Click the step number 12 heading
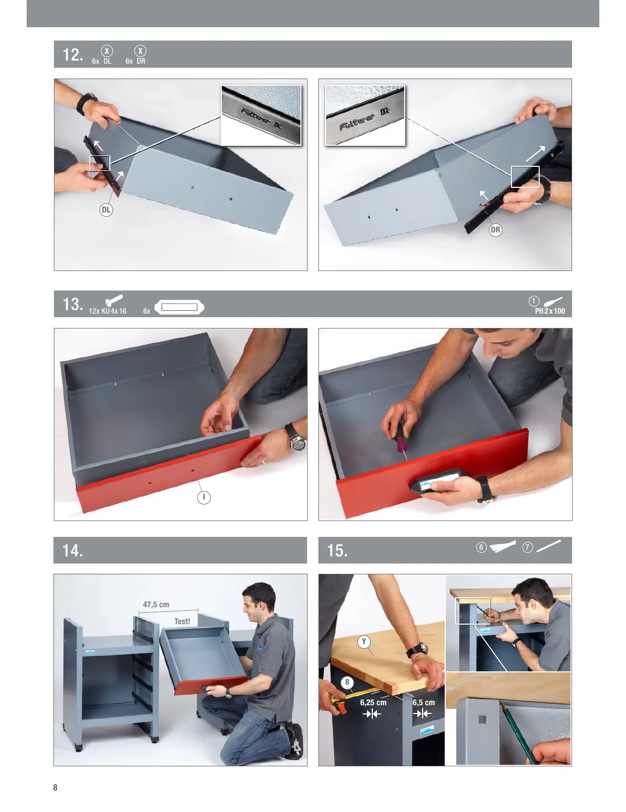[73, 55]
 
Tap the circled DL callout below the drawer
[106, 210]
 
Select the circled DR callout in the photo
[495, 230]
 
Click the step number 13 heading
[73, 304]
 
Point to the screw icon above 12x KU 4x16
[114, 300]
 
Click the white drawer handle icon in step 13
[179, 307]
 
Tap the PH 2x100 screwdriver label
[550, 311]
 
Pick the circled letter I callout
[204, 497]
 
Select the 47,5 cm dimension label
[156, 604]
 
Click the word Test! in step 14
[182, 621]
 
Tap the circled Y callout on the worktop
[364, 642]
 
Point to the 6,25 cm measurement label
[373, 703]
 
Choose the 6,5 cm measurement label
[424, 703]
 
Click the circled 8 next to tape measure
[347, 682]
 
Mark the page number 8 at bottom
[55, 787]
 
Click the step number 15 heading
[337, 550]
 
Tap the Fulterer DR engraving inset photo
[365, 115]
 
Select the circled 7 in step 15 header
[527, 548]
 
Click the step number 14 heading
[72, 550]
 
